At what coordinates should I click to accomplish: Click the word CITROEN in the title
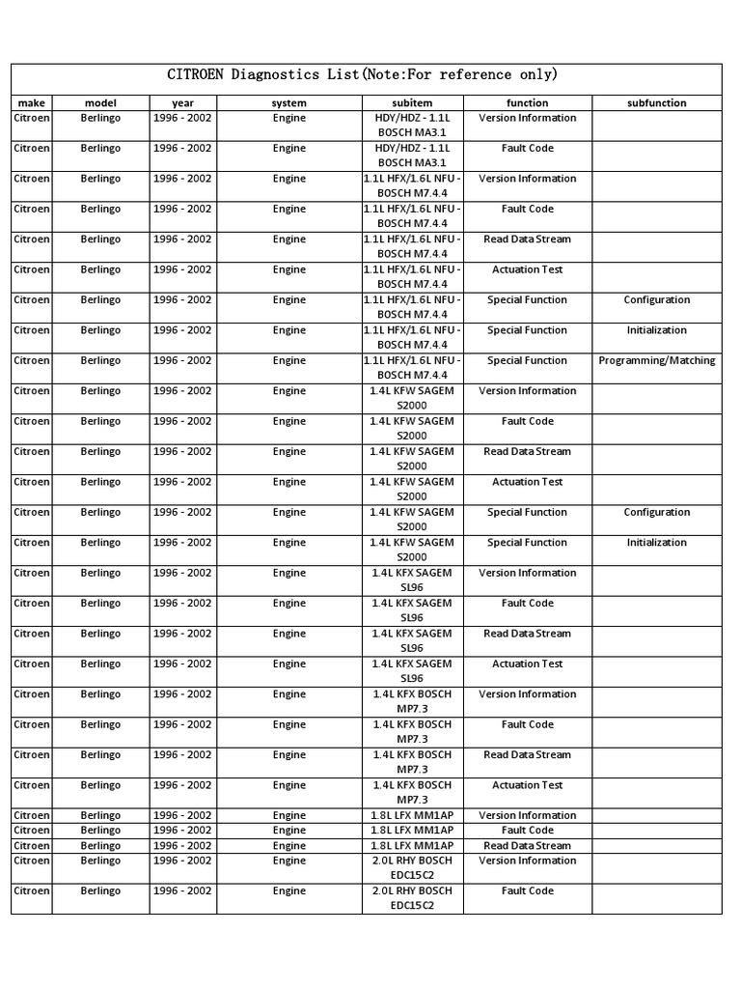coord(198,75)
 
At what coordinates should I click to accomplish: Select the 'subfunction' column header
coord(656,102)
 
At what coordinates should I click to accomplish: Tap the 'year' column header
coord(182,102)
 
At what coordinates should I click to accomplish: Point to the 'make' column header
coord(31,102)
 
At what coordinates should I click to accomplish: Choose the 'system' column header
coord(288,102)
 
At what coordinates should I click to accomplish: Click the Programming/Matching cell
coord(657,360)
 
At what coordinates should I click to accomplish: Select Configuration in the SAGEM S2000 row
coord(657,512)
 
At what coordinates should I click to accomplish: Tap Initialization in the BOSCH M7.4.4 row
coord(657,330)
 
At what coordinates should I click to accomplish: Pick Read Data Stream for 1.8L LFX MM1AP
coord(527,845)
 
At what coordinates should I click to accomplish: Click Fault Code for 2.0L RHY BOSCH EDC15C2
coord(527,890)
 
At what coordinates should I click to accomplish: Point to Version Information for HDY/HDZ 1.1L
coord(527,118)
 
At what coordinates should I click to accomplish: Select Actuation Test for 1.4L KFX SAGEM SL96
coord(527,664)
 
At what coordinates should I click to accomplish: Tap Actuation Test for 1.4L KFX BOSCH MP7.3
coord(527,785)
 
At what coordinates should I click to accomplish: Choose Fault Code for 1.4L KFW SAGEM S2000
coord(527,421)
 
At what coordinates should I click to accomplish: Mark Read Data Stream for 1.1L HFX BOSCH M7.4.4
coord(527,239)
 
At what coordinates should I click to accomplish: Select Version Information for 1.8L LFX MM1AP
coord(527,815)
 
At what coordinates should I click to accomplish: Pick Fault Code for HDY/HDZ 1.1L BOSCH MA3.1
coord(527,148)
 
